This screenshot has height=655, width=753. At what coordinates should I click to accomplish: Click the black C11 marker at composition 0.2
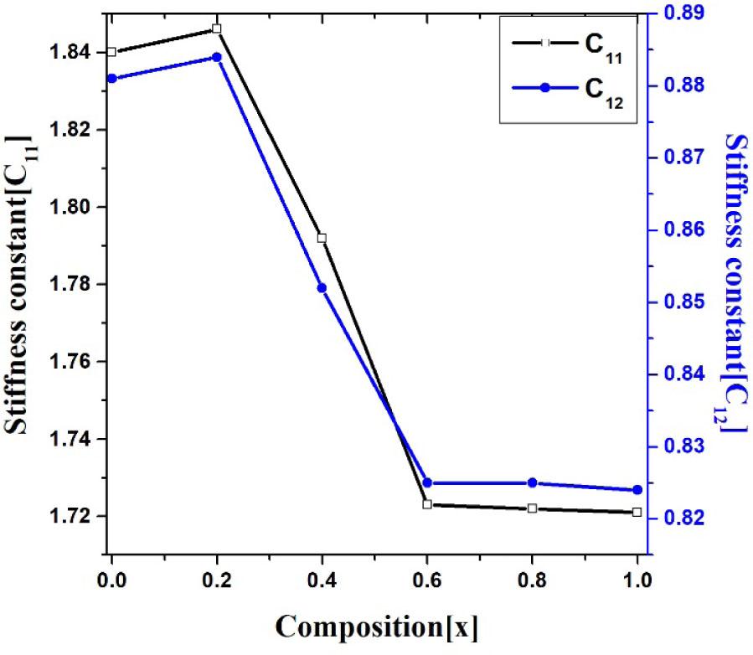point(217,28)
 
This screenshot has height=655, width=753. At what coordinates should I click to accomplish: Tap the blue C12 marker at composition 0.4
point(322,288)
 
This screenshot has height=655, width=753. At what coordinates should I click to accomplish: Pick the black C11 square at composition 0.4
point(322,238)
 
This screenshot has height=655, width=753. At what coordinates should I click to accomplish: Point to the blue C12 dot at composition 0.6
point(427,482)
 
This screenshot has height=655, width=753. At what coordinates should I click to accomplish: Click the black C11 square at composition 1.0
point(637,512)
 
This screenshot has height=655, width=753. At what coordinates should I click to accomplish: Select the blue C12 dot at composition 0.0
point(111,79)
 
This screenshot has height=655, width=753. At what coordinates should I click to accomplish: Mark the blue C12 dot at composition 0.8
point(532,482)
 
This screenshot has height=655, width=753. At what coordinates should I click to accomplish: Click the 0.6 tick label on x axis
point(427,579)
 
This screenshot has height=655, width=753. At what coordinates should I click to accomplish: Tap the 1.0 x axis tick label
point(637,579)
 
